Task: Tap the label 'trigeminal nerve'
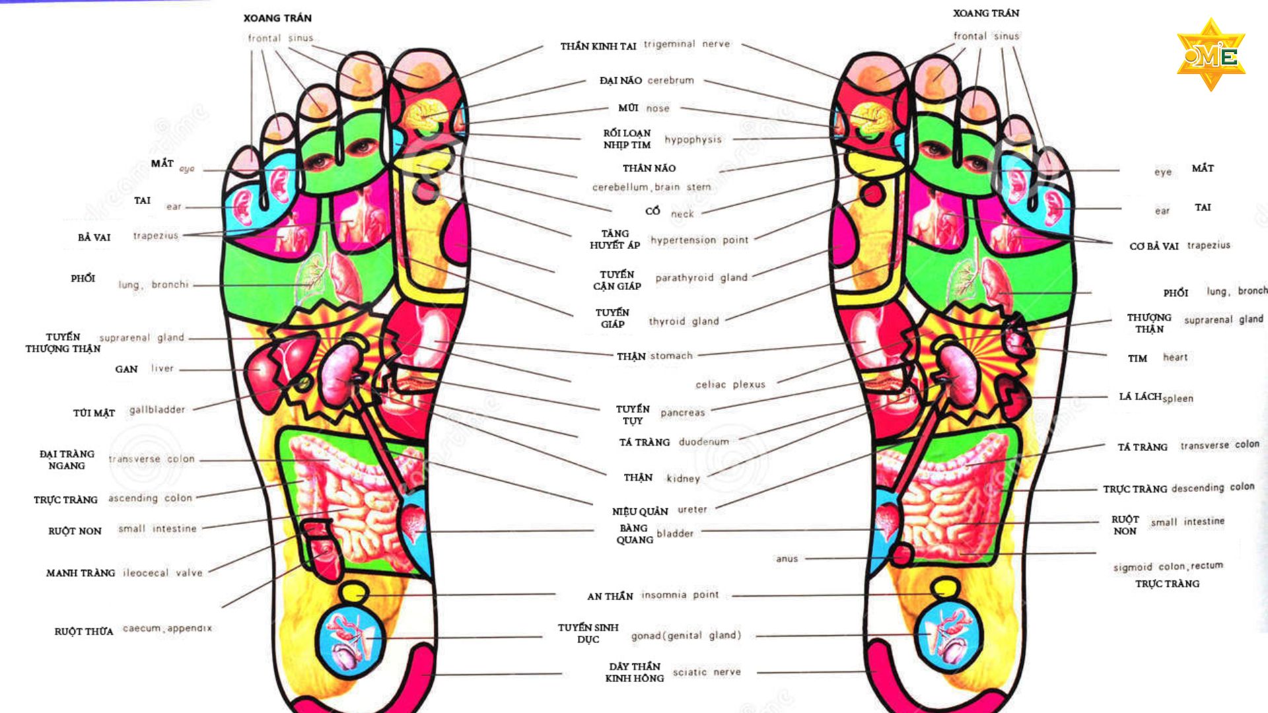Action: tap(687, 44)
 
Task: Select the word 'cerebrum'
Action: tap(670, 81)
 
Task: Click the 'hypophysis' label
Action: tap(693, 140)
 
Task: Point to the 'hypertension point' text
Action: tap(699, 240)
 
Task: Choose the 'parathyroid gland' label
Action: tap(701, 278)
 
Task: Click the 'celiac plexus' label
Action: tap(730, 384)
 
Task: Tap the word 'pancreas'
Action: tap(682, 413)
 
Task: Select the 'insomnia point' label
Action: tap(680, 595)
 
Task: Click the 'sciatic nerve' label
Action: tap(706, 672)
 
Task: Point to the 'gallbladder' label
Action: tap(157, 410)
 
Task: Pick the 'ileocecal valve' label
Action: tap(162, 573)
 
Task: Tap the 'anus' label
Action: tap(787, 559)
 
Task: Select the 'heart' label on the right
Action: tap(1175, 358)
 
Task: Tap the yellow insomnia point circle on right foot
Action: tap(945, 587)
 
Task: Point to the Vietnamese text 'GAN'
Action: tap(126, 369)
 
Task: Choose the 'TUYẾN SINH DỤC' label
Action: tap(588, 633)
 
